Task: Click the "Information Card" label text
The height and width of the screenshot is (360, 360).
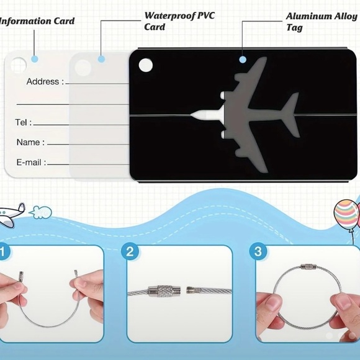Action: pos(37,21)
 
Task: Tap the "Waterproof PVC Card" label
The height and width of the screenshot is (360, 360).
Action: pos(179,21)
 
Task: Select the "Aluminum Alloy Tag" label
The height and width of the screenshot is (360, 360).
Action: pos(322,22)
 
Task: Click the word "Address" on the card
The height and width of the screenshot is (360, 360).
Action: pos(43,81)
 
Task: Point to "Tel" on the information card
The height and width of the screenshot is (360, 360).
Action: pos(21,122)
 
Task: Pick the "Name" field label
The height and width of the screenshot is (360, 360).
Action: pos(28,142)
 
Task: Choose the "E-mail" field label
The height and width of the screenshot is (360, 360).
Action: pos(29,163)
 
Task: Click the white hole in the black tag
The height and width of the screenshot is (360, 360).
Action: pos(146,65)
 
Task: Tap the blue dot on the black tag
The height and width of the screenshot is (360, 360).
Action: pos(243,60)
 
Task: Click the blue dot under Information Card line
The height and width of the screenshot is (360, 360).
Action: pos(34,59)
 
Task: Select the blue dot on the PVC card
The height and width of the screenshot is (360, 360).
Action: pos(101,59)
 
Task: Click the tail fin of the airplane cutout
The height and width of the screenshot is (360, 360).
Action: pos(290,115)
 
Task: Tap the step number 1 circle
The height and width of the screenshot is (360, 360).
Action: pos(3,251)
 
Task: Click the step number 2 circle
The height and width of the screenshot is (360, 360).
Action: pos(130,251)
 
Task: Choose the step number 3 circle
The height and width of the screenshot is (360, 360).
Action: pos(258,251)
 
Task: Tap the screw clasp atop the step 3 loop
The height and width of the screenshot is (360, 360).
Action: pos(308,267)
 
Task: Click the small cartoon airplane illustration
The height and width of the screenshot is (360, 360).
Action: pos(11,214)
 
